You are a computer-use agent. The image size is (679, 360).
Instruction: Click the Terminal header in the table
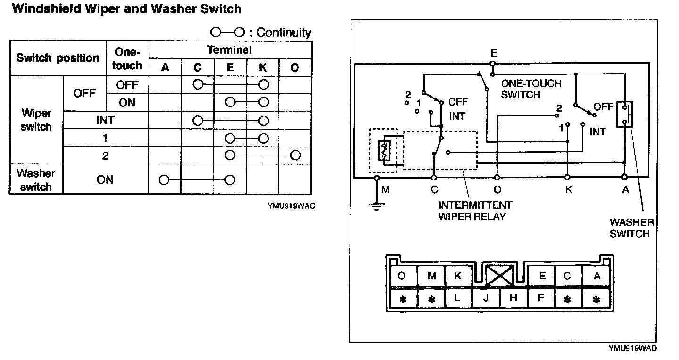pos(230,50)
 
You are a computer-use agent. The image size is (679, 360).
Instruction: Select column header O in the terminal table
pos(295,67)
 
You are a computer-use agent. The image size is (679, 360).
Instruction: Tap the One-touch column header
pos(127,59)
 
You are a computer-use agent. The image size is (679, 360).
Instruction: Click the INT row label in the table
pos(106,120)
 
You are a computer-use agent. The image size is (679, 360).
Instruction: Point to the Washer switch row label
pos(36,180)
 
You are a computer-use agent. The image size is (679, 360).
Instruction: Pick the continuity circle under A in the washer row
pos(164,180)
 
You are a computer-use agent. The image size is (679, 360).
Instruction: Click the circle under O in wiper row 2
pos(296,155)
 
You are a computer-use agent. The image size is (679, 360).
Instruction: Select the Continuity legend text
pos(284,33)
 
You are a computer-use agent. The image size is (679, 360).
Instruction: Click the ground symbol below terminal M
pos(377,206)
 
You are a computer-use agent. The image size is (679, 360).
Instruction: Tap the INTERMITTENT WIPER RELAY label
pos(475,211)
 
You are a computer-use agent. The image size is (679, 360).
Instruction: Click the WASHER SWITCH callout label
pos(632,228)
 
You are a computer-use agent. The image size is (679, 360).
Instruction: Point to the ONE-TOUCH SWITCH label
pos(531,89)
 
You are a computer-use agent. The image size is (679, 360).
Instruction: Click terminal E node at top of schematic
pos(493,64)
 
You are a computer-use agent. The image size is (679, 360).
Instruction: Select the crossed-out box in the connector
pos(499,275)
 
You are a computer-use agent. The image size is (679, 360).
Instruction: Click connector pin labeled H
pos(513,298)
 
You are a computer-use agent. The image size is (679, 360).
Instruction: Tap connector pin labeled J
pos(486,298)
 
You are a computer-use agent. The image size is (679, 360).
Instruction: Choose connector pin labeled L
pos(458,298)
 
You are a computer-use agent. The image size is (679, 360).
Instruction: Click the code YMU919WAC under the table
pos(291,206)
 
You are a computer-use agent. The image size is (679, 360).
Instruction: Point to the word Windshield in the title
pos(46,9)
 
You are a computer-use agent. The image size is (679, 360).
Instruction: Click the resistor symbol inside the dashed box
pos(384,151)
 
